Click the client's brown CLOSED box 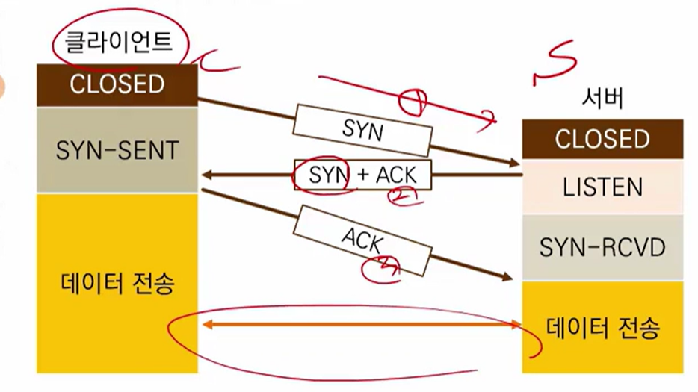click(117, 84)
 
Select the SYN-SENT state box click(117, 150)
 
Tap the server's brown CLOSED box click(602, 139)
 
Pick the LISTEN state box click(602, 187)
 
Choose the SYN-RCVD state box click(602, 247)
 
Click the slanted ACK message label click(363, 240)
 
